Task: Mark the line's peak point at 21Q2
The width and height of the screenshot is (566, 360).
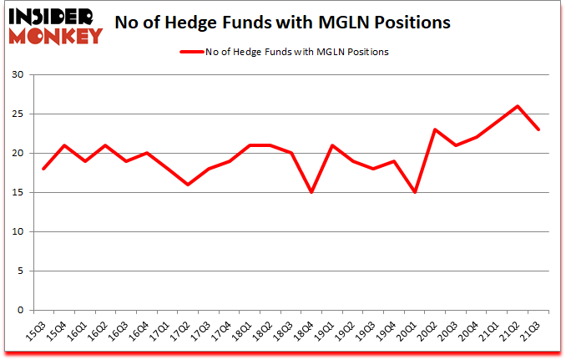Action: pos(518,106)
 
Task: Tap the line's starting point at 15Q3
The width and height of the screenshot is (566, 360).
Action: pos(43,169)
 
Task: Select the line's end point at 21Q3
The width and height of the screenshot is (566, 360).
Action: pos(538,129)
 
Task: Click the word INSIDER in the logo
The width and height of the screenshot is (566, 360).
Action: pos(53,16)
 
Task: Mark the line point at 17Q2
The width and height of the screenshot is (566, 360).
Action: pos(189,185)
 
